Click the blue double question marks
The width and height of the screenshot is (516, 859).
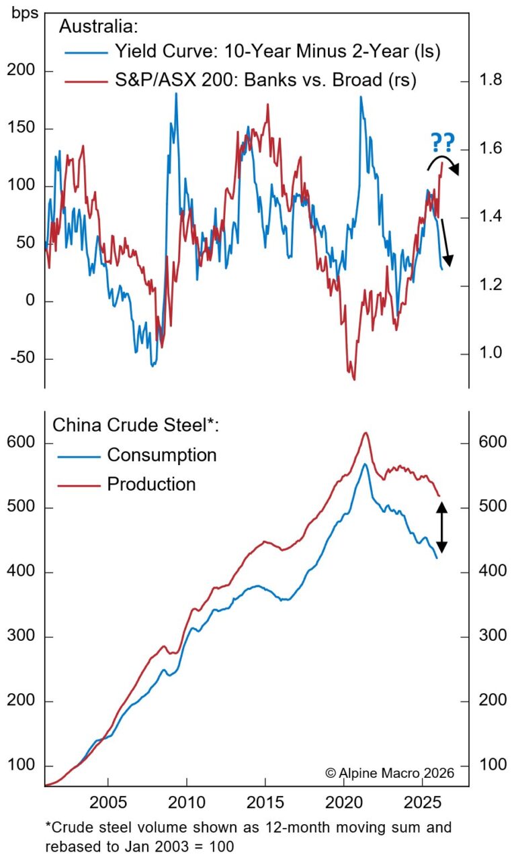tap(441, 143)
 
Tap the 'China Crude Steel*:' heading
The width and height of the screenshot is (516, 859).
tap(136, 425)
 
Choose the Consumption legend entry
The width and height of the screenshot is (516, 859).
tap(161, 455)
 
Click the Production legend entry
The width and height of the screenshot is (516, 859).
tap(151, 484)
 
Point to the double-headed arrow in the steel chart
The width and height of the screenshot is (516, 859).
tap(442, 528)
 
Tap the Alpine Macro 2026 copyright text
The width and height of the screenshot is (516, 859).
tap(390, 772)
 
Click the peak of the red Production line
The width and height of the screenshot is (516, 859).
tap(365, 433)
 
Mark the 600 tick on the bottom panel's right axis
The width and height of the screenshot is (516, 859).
tap(492, 444)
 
